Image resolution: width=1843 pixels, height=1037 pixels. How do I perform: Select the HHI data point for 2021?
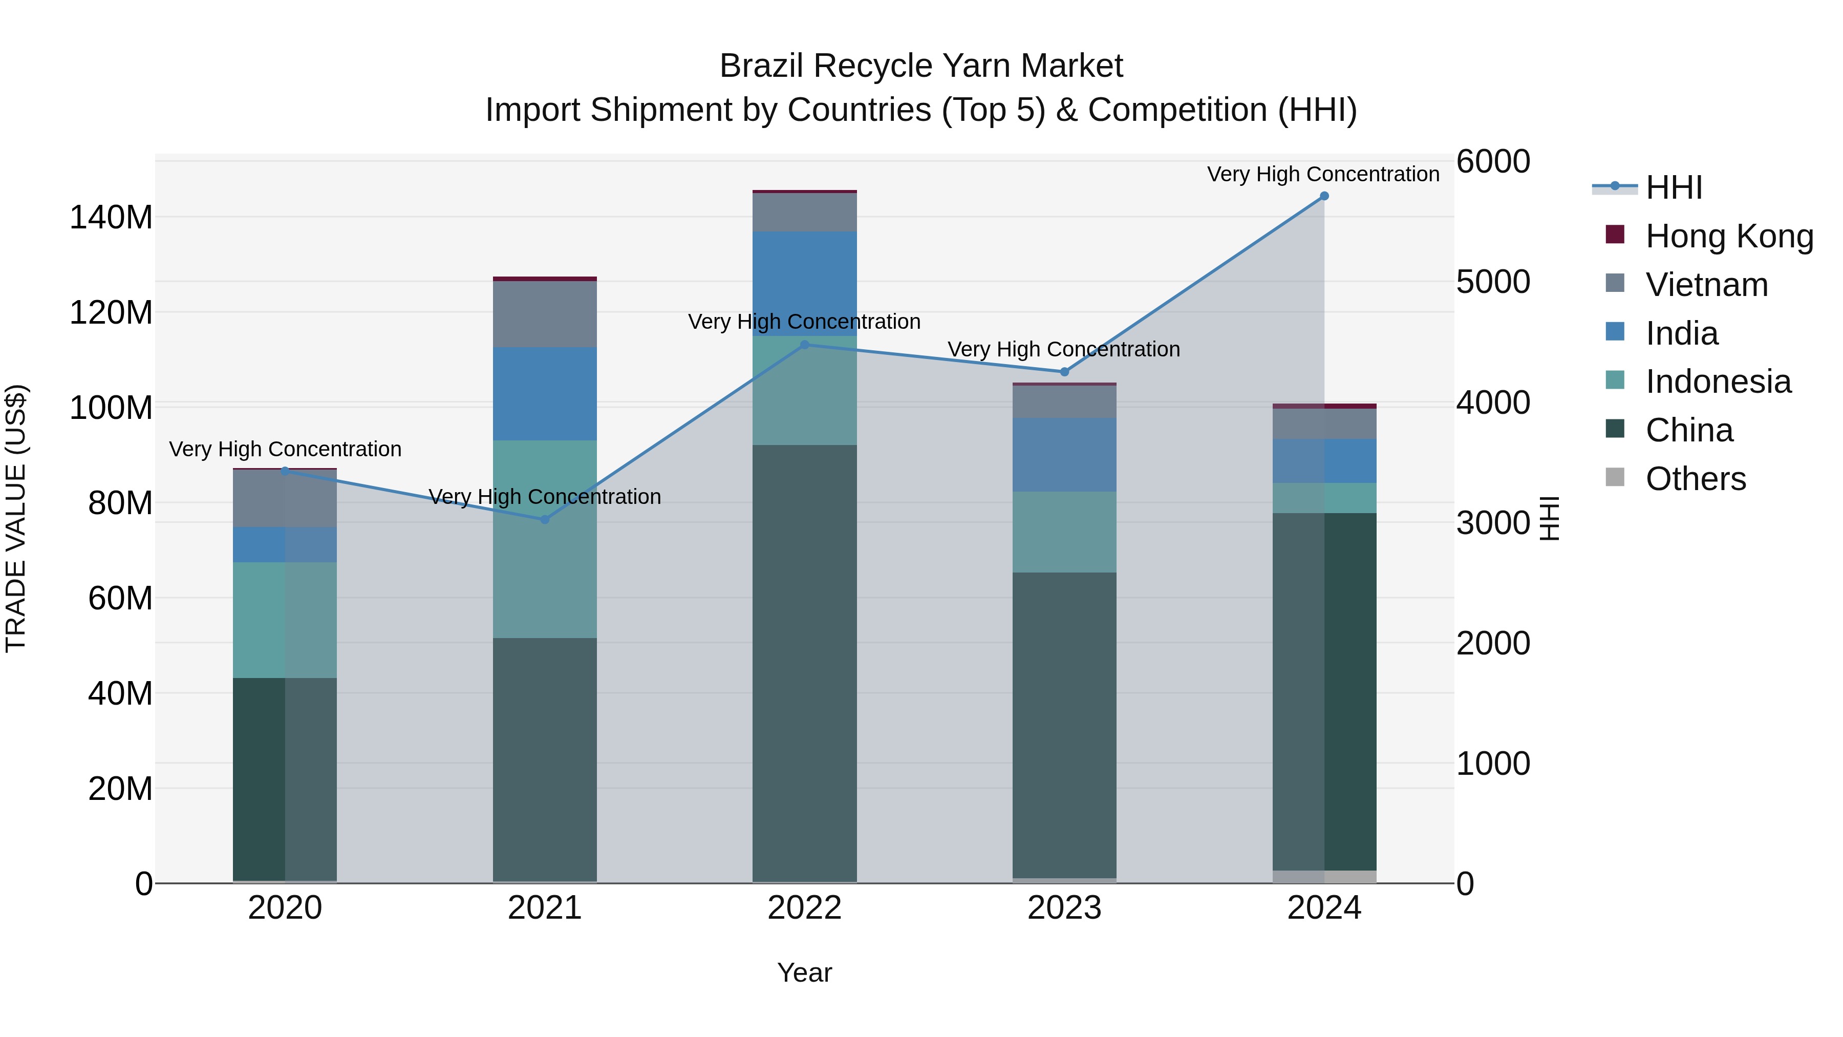click(545, 520)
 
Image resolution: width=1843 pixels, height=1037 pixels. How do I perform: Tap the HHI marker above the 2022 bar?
click(804, 345)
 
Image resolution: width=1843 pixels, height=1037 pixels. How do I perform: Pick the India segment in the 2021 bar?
click(545, 394)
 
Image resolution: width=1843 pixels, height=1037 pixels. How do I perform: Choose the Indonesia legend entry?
click(1717, 382)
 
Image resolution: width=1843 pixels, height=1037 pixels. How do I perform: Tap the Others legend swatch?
click(1615, 477)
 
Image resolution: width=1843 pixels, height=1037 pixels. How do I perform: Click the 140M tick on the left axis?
click(111, 217)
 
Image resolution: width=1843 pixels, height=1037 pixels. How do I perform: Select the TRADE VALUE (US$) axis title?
click(16, 518)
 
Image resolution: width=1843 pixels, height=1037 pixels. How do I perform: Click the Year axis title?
click(804, 972)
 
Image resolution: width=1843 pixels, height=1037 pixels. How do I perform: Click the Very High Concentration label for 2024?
click(1323, 174)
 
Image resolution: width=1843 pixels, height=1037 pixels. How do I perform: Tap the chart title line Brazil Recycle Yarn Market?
click(921, 66)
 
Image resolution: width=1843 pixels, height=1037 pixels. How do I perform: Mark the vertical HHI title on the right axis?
click(1550, 518)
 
